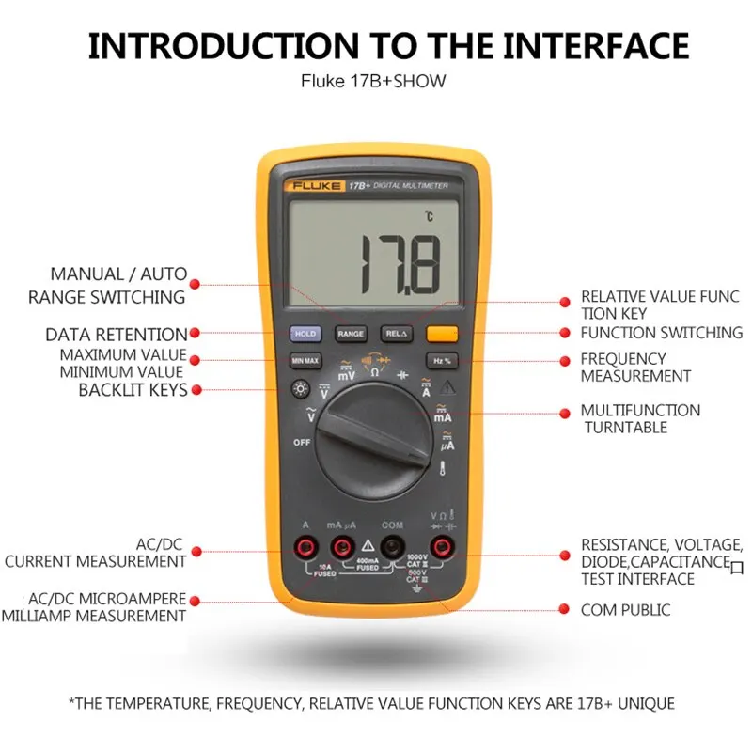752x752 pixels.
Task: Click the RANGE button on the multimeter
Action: [350, 334]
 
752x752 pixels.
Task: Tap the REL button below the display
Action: [395, 334]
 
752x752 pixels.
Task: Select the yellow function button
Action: [441, 333]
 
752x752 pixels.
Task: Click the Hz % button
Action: [441, 360]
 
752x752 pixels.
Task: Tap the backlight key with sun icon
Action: [301, 387]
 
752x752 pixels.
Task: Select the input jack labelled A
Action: [305, 547]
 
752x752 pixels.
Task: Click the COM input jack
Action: [392, 547]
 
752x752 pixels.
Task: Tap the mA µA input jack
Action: [342, 547]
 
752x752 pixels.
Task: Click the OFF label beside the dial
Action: [302, 442]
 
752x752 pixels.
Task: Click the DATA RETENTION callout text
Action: [116, 335]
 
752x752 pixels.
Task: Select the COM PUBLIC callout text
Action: [625, 610]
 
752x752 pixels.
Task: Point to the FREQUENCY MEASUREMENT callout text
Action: [635, 368]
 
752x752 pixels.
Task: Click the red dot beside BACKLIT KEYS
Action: [196, 390]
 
